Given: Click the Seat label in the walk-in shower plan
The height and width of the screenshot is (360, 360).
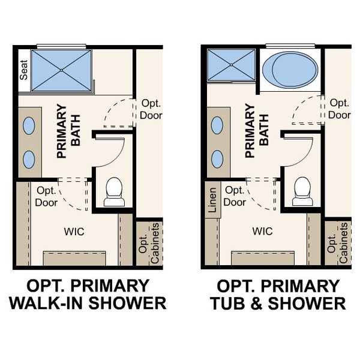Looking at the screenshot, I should tap(24, 71).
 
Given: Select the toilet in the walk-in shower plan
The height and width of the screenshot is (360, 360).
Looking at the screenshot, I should tap(113, 191).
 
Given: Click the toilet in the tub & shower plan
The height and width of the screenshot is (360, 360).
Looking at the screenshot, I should tap(302, 191).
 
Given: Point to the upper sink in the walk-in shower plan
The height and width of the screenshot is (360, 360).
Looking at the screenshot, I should tap(28, 125).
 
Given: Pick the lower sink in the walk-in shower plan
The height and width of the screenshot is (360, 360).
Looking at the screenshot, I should tap(28, 159).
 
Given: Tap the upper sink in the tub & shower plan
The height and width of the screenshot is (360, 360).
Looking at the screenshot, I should tap(217, 125).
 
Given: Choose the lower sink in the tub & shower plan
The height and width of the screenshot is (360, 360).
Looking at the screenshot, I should tap(217, 159).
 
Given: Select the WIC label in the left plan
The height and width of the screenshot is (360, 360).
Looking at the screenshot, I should tap(74, 230).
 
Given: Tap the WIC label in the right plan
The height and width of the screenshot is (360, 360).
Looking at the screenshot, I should tap(263, 230).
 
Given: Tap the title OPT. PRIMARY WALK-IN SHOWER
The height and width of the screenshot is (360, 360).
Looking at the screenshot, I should tap(87, 294).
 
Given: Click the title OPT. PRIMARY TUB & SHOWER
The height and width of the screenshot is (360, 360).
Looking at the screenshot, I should tap(278, 294).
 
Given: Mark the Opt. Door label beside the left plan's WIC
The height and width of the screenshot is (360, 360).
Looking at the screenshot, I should tap(46, 196).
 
